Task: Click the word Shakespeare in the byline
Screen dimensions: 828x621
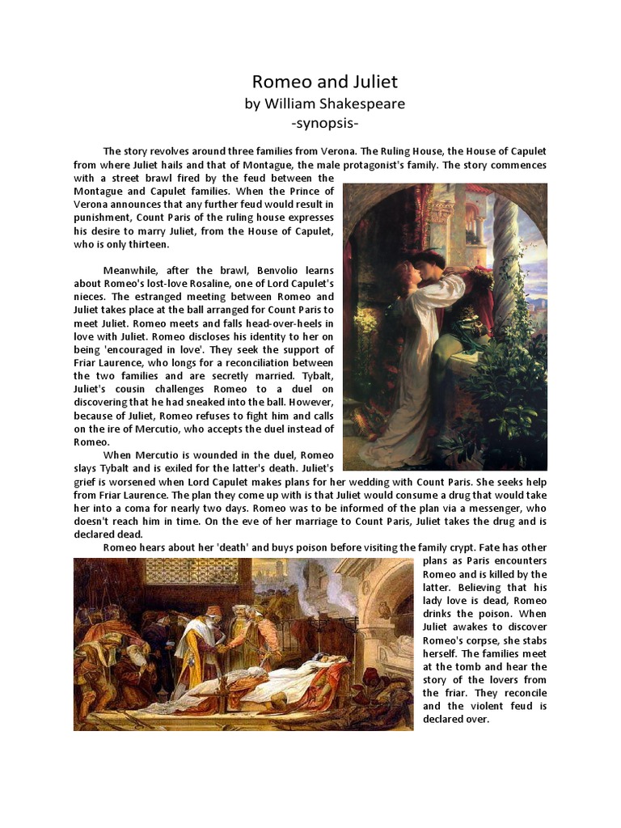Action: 359,103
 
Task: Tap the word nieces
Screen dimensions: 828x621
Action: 91,297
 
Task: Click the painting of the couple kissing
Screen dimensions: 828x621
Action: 445,326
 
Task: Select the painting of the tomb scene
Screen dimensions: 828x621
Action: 243,644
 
